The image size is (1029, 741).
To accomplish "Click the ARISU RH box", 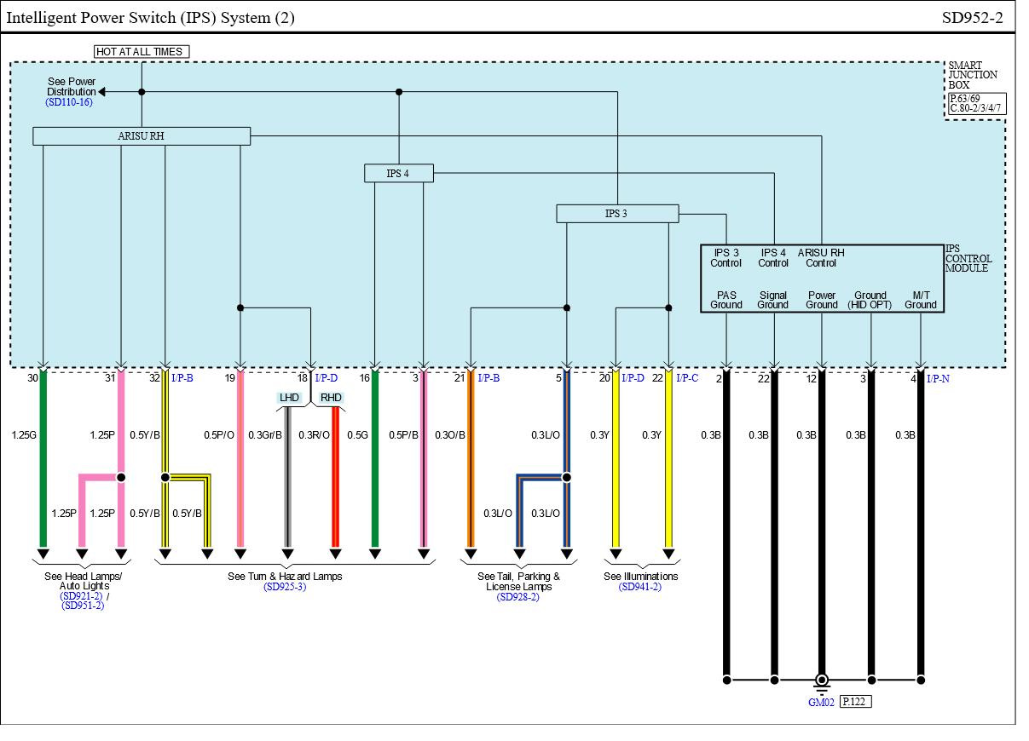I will (x=142, y=136).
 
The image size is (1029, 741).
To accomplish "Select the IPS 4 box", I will (x=398, y=174).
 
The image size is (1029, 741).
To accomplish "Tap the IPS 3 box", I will (x=616, y=214).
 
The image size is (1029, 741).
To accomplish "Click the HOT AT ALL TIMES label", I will (x=140, y=52).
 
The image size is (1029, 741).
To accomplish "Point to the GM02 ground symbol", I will (x=821, y=681).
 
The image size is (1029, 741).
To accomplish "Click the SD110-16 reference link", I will (x=69, y=102).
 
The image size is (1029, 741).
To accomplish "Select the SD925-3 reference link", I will (x=285, y=587).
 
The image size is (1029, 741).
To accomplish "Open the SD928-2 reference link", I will (x=518, y=597).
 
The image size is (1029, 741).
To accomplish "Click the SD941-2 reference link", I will (x=640, y=587).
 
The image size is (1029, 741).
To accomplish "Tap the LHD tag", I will (x=289, y=398).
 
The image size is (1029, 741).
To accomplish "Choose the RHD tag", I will (x=331, y=398).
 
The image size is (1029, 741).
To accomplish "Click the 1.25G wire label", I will (x=24, y=435).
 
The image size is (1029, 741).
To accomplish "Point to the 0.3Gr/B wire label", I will (x=264, y=435).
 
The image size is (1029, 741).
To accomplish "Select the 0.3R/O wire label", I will (x=314, y=435).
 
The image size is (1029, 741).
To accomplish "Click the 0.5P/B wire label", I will (x=404, y=435).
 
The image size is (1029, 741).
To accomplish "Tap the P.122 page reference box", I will (x=855, y=702).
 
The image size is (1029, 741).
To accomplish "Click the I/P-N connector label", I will (x=938, y=379).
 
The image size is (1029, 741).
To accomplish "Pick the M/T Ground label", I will (x=921, y=300).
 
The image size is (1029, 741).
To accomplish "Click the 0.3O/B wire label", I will (x=450, y=435).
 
